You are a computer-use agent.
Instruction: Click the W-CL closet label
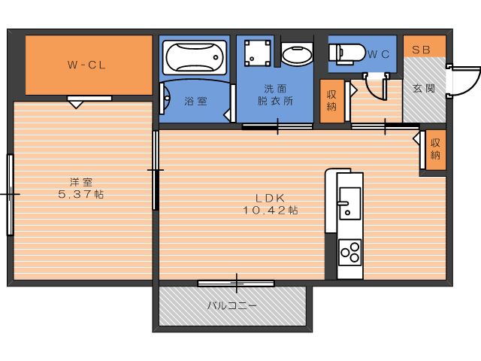pos(86,65)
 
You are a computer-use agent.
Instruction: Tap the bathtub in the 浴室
pos(195,57)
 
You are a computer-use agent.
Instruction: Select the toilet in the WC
pos(346,53)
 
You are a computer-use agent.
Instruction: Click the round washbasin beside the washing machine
pos(297,54)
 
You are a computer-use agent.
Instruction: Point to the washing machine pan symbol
pos(258,53)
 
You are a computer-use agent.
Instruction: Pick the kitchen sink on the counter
pos(349,203)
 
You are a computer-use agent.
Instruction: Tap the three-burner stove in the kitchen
pos(349,253)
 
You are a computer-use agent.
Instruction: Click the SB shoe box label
pos(421,50)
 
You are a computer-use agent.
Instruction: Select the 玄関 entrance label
pos(424,89)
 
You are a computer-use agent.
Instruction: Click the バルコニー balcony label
pos(232,306)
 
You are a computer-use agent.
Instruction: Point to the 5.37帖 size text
pos(81,194)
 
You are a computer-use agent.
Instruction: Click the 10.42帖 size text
pos(271,211)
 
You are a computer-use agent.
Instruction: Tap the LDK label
pos(271,198)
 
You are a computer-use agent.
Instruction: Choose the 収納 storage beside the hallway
pos(331,100)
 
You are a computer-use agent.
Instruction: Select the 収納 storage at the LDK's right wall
pos(435,149)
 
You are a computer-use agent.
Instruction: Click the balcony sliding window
pos(236,283)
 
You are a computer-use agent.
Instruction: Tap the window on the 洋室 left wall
pos(10,195)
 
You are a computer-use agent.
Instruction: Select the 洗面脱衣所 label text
pos(275,95)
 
